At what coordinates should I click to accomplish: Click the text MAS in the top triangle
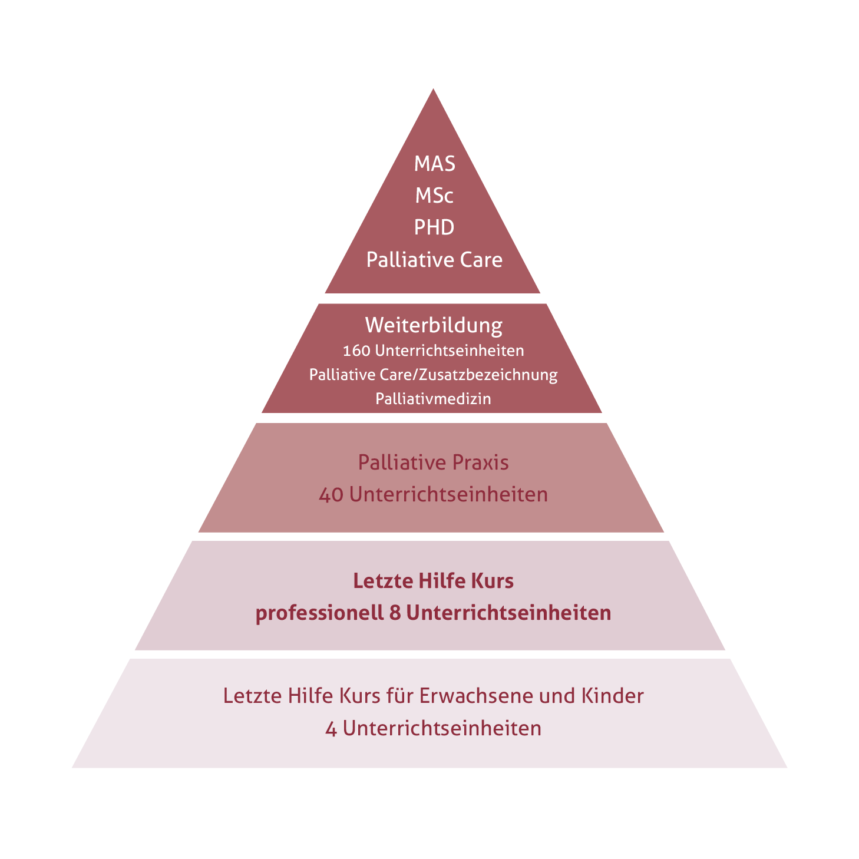click(x=434, y=164)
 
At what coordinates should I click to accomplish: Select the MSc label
click(x=434, y=196)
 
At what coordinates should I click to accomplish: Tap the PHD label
click(x=434, y=227)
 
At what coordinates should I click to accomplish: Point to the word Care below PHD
click(x=481, y=260)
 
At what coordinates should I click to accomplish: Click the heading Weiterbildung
click(x=434, y=325)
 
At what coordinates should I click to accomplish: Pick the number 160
click(x=356, y=351)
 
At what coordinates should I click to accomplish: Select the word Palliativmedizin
click(x=433, y=398)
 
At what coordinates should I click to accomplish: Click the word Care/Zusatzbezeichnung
click(x=468, y=375)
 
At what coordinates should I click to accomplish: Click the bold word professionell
click(x=319, y=613)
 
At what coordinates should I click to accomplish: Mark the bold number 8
click(x=395, y=613)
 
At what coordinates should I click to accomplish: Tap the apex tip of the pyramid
click(x=433, y=89)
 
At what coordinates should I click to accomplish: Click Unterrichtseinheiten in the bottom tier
click(x=442, y=729)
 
